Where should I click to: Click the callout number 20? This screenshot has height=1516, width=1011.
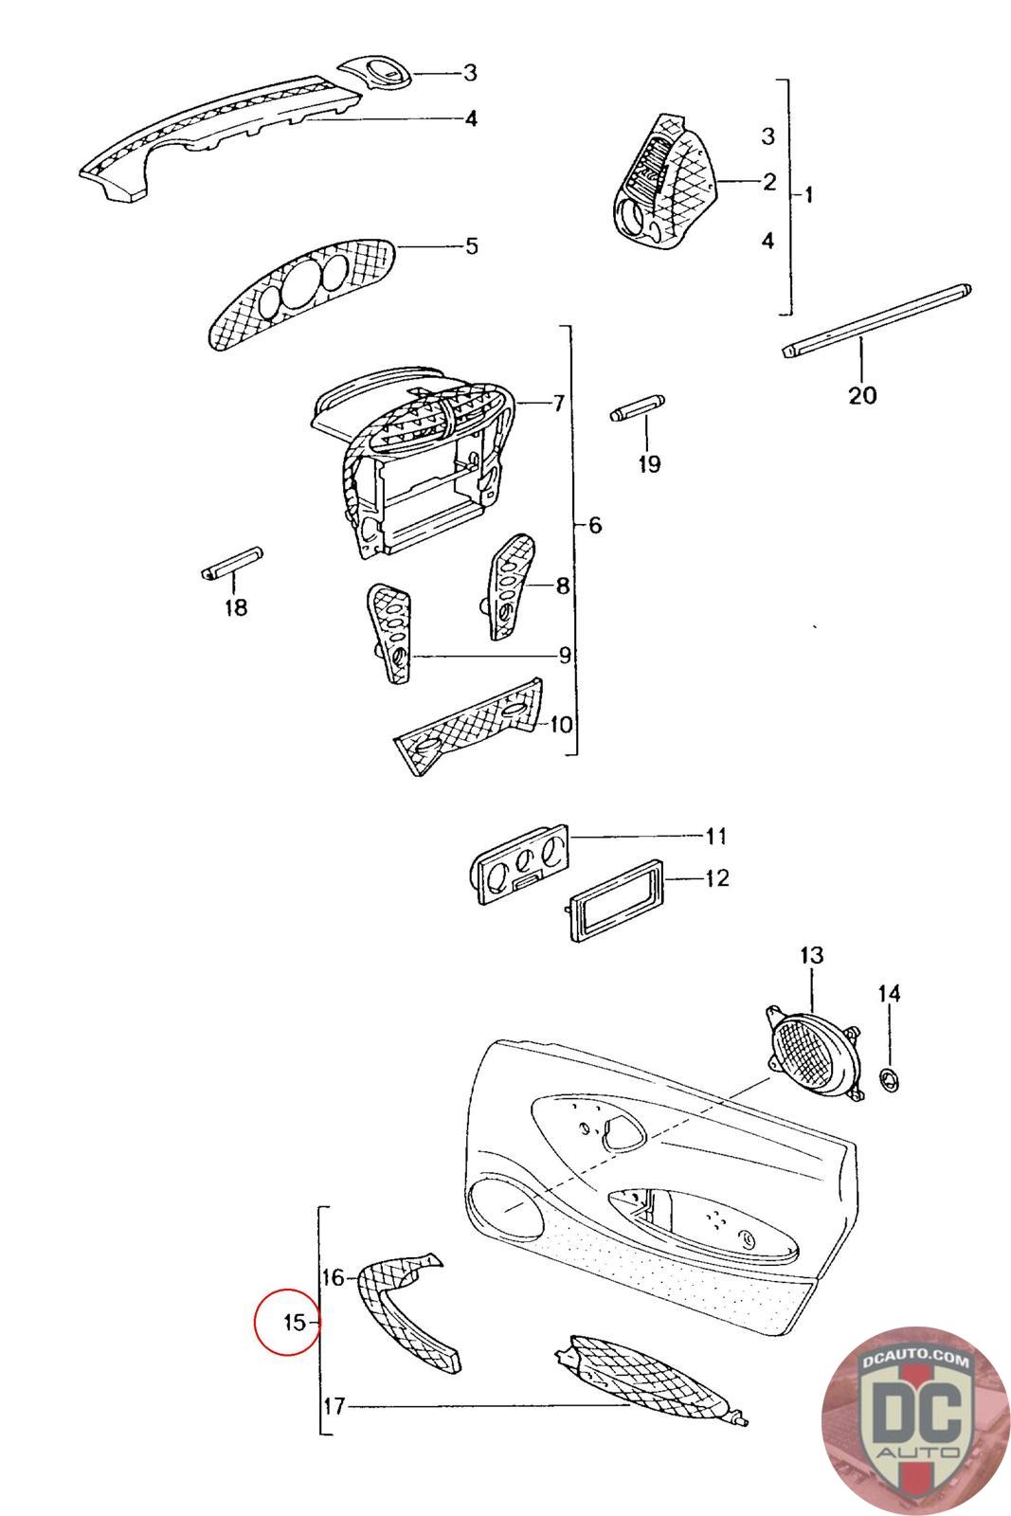tap(861, 393)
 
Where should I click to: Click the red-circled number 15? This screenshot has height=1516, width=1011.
tap(294, 1321)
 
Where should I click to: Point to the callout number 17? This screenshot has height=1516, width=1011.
tap(334, 1406)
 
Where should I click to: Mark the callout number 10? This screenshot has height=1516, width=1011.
tap(560, 725)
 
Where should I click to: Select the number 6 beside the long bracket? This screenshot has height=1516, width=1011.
tap(594, 525)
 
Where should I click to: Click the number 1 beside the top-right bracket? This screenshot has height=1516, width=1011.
tap(807, 195)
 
